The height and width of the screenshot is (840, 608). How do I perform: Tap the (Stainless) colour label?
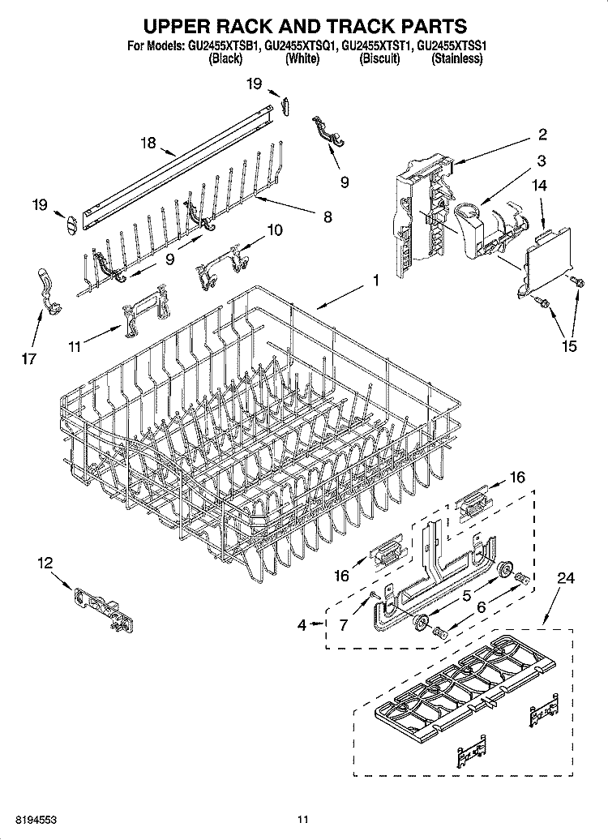(x=456, y=59)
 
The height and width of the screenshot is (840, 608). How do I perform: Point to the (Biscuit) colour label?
(x=379, y=59)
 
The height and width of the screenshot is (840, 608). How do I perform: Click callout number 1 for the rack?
(x=376, y=281)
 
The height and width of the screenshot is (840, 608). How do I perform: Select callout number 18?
(x=148, y=143)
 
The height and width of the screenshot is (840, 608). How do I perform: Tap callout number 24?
(x=566, y=578)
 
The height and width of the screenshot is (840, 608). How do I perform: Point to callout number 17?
(x=29, y=358)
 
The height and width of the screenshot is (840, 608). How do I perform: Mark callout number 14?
(x=540, y=186)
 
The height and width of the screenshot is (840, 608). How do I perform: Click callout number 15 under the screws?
(x=569, y=346)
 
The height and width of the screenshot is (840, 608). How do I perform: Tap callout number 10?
(x=275, y=230)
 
